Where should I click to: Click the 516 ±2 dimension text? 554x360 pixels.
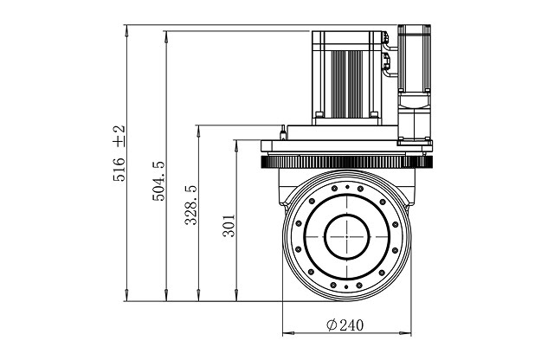[119, 153]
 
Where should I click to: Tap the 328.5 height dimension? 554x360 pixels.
[191, 205]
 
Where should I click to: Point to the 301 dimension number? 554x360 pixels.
[229, 227]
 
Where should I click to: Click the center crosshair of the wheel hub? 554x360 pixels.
[347, 235]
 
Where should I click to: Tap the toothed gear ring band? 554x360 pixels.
[346, 162]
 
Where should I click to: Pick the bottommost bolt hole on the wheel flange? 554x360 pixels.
[347, 285]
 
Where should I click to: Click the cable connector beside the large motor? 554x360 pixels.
[387, 61]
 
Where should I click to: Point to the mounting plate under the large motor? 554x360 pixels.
[342, 132]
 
